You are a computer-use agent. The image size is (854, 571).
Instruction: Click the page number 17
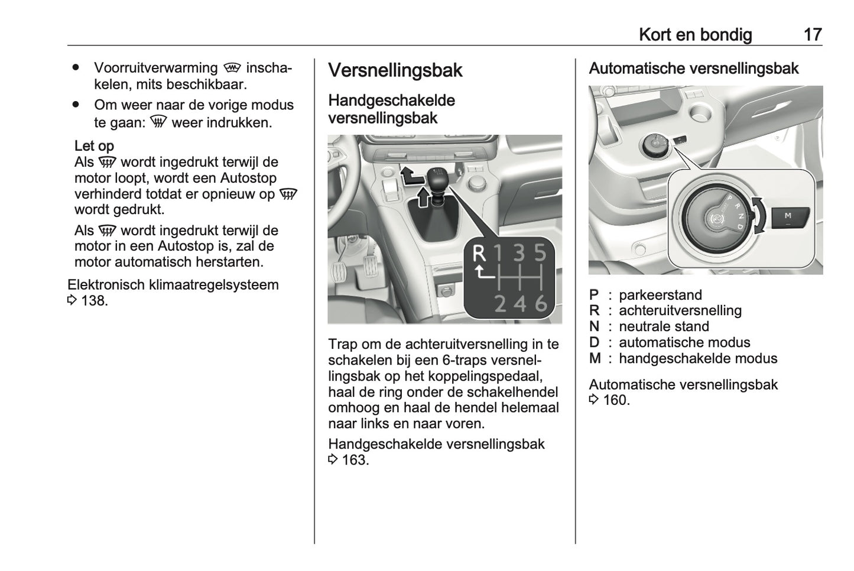[x=813, y=35]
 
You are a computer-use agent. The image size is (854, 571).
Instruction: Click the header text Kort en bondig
[x=695, y=35]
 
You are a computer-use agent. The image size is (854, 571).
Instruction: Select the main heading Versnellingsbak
[x=395, y=70]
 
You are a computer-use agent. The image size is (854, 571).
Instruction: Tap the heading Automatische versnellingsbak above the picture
[x=693, y=69]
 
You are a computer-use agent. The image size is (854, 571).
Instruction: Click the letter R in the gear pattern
[x=479, y=254]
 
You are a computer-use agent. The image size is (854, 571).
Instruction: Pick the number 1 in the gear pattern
[x=499, y=254]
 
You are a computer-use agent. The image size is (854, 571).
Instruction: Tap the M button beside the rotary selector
[x=787, y=217]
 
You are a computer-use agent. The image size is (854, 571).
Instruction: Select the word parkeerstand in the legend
[x=660, y=295]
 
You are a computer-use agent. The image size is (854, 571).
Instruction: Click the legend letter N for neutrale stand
[x=594, y=326]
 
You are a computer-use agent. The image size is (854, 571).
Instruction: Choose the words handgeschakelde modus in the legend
[x=697, y=358]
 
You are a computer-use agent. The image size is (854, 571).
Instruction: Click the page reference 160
[x=616, y=400]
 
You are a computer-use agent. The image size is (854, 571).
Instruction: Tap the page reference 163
[x=355, y=460]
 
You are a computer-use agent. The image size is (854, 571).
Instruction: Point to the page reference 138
[x=94, y=301]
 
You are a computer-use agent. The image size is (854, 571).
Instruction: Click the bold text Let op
[x=94, y=146]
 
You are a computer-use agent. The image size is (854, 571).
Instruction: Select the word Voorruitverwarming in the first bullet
[x=155, y=68]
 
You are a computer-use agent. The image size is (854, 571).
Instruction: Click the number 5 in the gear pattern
[x=540, y=254]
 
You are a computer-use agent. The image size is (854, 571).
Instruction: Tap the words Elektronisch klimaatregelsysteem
[x=173, y=285]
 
